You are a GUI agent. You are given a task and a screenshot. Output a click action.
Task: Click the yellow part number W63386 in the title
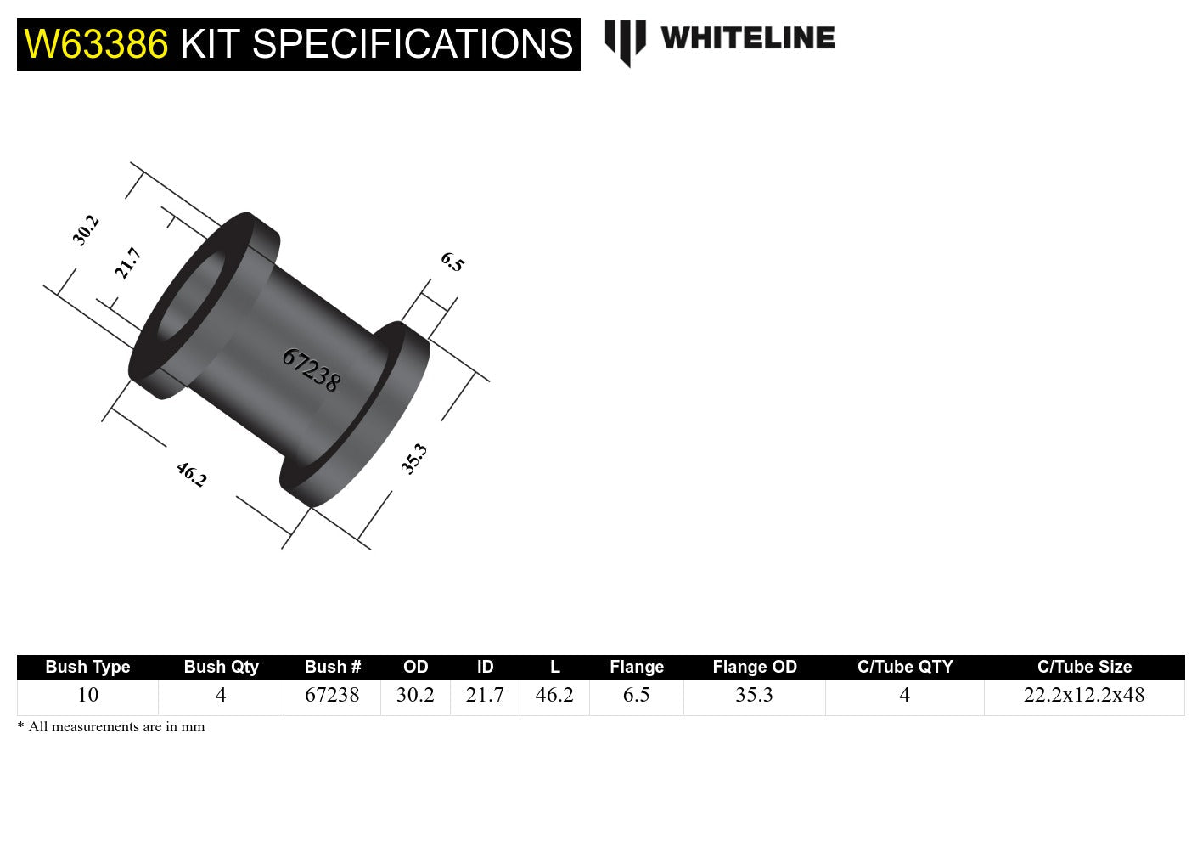point(96,43)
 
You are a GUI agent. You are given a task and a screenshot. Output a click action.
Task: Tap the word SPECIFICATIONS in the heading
point(413,43)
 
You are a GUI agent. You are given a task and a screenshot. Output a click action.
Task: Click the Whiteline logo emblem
point(625,42)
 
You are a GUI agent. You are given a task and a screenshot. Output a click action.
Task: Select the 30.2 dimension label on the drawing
point(86,230)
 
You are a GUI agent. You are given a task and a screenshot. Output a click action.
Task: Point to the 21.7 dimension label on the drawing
point(128,262)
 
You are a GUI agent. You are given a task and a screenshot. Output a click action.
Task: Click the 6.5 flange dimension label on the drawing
point(452,262)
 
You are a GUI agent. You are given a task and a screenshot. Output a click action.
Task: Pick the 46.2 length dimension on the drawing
point(191,474)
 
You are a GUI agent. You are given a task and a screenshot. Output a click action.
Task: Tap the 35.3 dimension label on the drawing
point(413,459)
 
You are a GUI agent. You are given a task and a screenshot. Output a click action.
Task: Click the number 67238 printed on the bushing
point(311,370)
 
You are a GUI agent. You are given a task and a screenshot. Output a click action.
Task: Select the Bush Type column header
point(87,667)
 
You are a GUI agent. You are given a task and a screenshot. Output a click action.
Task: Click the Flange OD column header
point(755,667)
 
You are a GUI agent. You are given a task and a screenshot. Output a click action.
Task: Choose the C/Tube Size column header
point(1084,667)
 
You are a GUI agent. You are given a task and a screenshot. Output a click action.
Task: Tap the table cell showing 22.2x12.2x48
point(1084,695)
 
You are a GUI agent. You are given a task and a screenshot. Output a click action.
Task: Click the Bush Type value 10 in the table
point(87,695)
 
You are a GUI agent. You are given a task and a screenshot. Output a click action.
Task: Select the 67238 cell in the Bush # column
point(332,695)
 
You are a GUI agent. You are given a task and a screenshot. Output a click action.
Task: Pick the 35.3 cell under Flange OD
point(754,695)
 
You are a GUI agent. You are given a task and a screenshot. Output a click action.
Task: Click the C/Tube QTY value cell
point(904,695)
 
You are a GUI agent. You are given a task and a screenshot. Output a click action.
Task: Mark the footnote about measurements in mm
point(111,727)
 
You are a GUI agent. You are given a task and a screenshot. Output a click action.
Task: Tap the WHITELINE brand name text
point(747,38)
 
